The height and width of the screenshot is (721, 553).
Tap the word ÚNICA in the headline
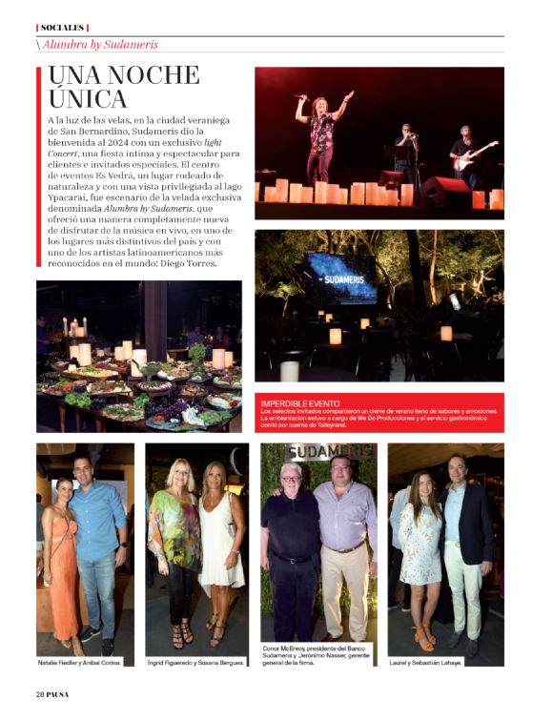(87, 98)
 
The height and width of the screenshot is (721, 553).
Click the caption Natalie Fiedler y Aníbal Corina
(79, 661)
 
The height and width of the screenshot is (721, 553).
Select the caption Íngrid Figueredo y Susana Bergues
(195, 661)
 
